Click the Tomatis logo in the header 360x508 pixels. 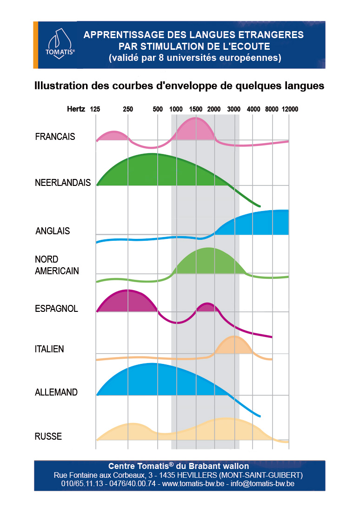click(x=56, y=43)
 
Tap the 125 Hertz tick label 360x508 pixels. click(x=95, y=109)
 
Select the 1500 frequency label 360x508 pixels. click(x=195, y=109)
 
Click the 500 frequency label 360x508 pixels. click(x=158, y=109)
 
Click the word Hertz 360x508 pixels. click(x=76, y=109)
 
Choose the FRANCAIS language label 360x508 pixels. click(x=55, y=137)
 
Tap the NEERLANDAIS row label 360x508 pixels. click(x=63, y=183)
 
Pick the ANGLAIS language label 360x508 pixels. click(x=53, y=231)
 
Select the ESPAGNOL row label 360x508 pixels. click(x=56, y=309)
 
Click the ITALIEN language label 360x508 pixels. click(x=49, y=349)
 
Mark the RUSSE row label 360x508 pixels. click(x=48, y=436)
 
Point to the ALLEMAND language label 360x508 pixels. click(x=56, y=392)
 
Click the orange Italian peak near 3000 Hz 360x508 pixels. click(x=234, y=345)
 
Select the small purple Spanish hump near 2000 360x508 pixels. click(x=206, y=307)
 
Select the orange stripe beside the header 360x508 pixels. click(x=36, y=45)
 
